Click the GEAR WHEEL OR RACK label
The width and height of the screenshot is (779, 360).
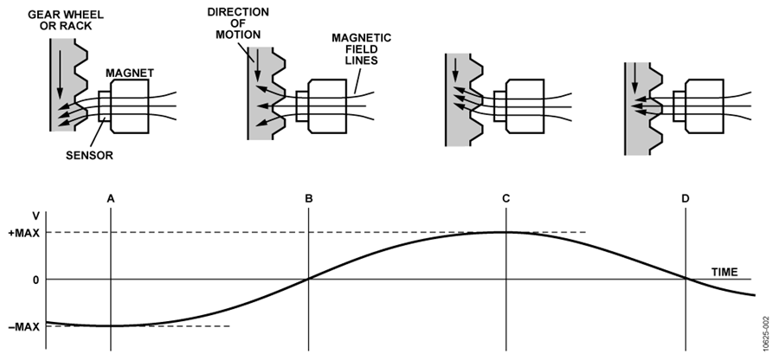point(66,20)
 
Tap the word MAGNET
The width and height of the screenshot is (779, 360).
point(130,73)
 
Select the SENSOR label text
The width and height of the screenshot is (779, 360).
point(89,156)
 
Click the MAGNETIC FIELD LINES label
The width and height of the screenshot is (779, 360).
point(361,49)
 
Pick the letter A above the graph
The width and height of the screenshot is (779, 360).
point(111,199)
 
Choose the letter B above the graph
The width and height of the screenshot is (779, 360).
point(308,199)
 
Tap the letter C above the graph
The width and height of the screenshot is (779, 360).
point(505,199)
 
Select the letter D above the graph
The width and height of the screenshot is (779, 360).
point(686,199)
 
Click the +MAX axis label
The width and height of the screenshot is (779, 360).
point(24,233)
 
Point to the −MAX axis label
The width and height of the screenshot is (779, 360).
point(24,327)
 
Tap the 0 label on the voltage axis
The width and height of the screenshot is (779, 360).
point(35,280)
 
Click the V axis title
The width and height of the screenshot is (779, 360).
point(35,216)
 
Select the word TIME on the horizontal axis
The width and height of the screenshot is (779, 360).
point(724,272)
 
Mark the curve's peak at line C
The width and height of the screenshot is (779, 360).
point(506,232)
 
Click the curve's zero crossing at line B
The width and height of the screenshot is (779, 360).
point(308,279)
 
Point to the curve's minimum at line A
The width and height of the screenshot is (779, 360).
point(111,325)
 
